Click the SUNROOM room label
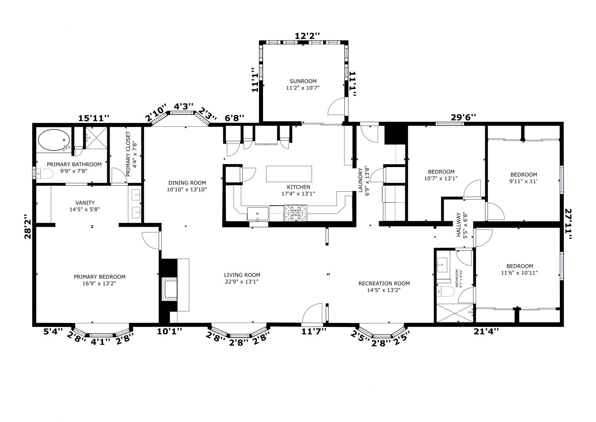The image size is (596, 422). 303,81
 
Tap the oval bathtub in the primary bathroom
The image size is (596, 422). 54,140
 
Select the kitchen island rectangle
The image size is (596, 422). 289,174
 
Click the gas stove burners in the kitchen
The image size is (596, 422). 295,213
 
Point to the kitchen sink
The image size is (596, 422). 257,214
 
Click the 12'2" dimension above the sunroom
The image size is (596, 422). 307,36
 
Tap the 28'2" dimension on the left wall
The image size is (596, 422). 28,226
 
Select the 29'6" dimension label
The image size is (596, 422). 463,117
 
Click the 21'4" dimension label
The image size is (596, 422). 486,331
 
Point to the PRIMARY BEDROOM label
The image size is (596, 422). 99,277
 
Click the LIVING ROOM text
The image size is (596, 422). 242,275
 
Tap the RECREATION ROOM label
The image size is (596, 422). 384,284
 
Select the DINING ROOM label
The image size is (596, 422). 187,183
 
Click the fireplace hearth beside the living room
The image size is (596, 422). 169,289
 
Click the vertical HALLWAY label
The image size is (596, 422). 459,225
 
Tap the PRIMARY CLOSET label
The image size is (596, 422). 128,154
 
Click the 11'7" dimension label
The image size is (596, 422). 314,331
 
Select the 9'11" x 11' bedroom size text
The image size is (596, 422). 524,181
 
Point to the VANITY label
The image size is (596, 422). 85,203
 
